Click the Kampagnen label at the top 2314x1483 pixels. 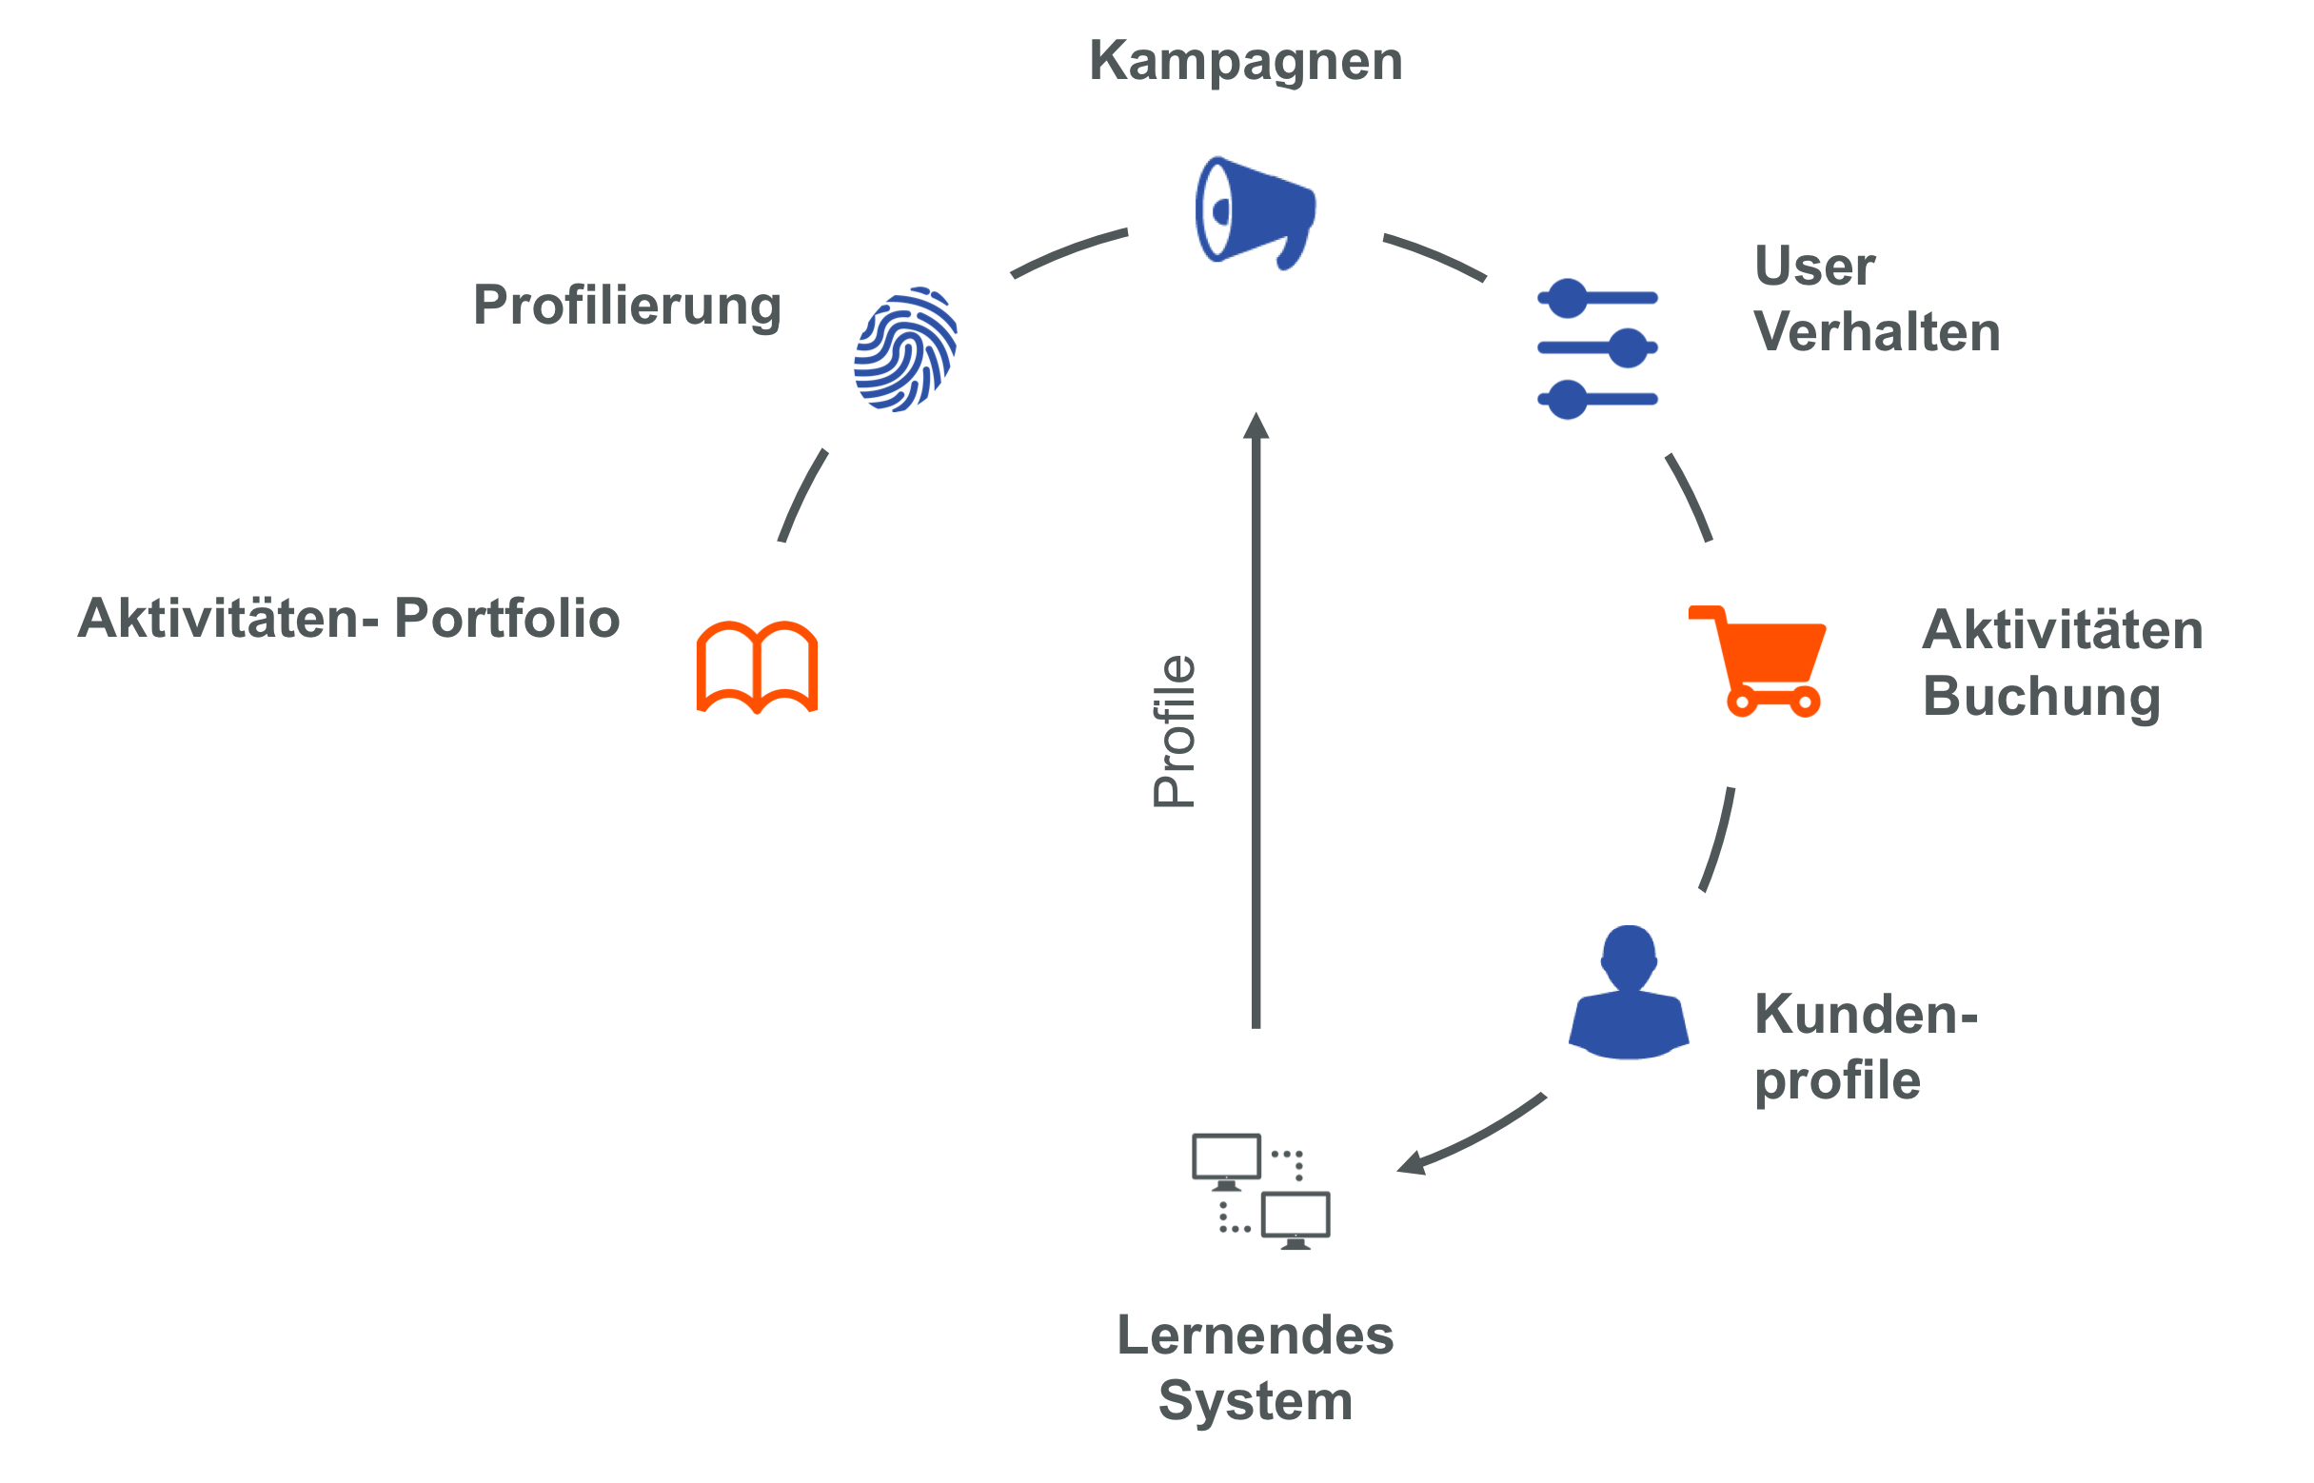[1245, 61]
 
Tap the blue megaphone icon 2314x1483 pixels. [1253, 211]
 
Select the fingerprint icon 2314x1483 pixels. [905, 349]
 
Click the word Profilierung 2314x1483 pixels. [627, 306]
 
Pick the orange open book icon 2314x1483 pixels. [757, 666]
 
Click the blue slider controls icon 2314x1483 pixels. [1596, 347]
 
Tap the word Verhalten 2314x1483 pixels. [1877, 332]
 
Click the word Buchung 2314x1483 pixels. [2042, 696]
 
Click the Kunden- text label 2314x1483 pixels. [1866, 1014]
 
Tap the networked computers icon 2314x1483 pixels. [1260, 1191]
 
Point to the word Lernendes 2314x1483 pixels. [1255, 1335]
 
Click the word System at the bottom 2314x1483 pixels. [1255, 1400]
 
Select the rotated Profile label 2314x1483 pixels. [1174, 731]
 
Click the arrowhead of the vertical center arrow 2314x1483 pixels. [1256, 425]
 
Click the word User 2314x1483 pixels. [1814, 266]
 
